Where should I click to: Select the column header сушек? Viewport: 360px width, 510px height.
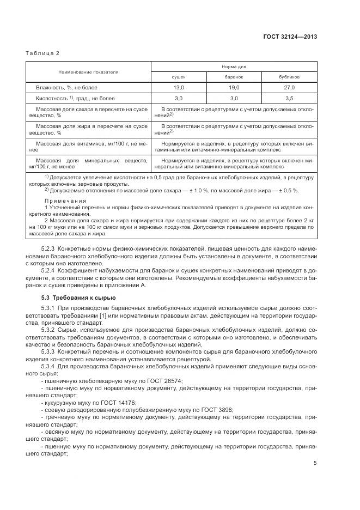coord(179,77)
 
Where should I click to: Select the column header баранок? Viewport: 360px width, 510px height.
coord(234,77)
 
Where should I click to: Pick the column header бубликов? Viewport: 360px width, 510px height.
coord(289,77)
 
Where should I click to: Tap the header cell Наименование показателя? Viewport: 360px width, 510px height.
coord(89,71)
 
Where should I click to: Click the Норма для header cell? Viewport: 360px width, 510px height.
coord(234,66)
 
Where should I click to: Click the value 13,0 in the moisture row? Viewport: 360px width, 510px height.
coord(179,87)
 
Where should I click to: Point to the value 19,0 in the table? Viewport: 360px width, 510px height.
coord(234,87)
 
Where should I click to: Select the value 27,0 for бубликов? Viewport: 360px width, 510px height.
coord(289,87)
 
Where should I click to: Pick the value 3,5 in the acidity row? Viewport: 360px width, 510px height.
coord(289,98)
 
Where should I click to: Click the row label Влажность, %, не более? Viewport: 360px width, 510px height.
coord(66,87)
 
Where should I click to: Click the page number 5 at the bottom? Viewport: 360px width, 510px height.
coord(315,463)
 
